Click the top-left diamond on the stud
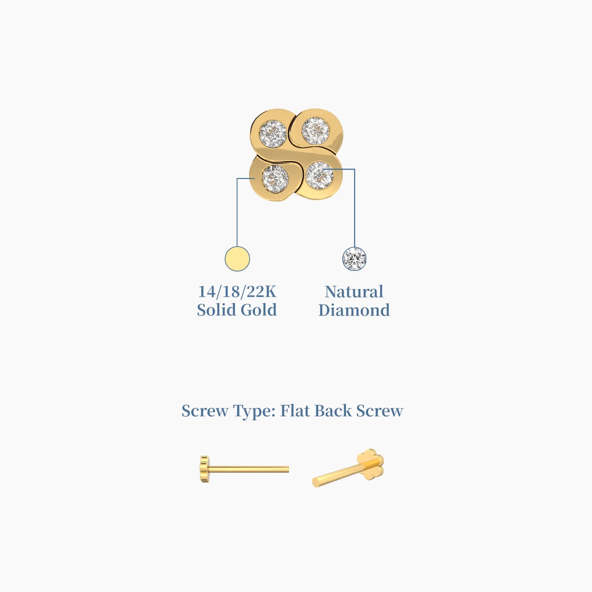[273, 134]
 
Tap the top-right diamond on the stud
[316, 131]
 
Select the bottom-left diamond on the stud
[275, 179]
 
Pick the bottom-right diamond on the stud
[319, 175]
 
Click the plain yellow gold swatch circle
[237, 259]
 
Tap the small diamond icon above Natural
[354, 259]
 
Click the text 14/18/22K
[237, 292]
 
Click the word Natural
[354, 292]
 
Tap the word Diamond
[354, 310]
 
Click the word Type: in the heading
[254, 411]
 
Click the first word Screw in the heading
[205, 411]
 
